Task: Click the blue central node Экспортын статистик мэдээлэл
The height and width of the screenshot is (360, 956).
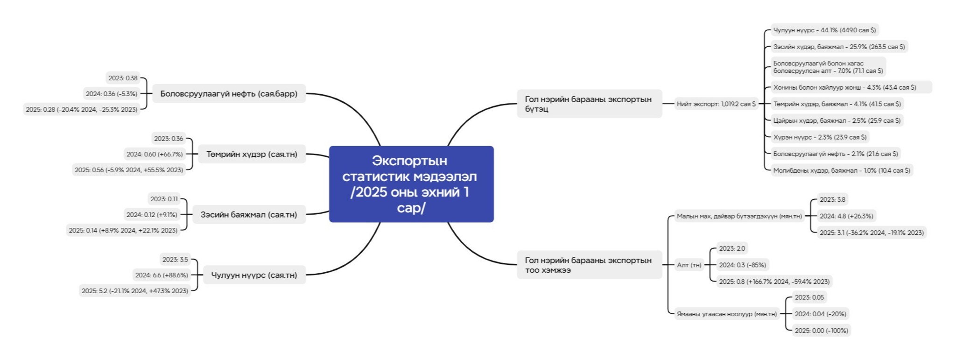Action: (x=411, y=184)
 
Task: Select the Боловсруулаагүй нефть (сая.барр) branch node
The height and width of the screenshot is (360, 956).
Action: (x=229, y=93)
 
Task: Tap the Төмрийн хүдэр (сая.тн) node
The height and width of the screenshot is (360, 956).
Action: (x=252, y=154)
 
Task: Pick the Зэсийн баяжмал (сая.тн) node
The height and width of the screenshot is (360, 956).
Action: (x=249, y=214)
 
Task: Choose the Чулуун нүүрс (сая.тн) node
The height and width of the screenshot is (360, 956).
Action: (x=254, y=275)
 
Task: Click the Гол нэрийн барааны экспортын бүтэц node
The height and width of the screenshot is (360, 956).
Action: (x=590, y=104)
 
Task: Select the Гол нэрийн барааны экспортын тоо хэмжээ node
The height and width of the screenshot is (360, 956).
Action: (x=590, y=265)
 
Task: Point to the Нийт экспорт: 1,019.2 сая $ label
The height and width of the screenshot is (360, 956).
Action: (x=716, y=104)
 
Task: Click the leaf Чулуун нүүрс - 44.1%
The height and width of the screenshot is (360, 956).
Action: (x=824, y=30)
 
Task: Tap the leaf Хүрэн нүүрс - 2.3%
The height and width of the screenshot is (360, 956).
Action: (x=820, y=137)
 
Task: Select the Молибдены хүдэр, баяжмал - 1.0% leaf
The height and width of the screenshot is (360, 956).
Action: (x=842, y=170)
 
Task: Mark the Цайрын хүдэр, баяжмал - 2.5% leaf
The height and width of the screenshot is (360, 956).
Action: (x=837, y=120)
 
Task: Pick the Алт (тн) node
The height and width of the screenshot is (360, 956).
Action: (x=689, y=265)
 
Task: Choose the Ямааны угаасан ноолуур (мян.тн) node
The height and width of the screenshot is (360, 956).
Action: (x=727, y=314)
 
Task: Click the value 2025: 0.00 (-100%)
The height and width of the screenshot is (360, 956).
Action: (x=822, y=330)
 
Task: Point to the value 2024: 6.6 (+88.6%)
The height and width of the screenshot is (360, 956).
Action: (x=162, y=275)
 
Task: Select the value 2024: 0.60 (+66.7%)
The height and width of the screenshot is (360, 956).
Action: (x=155, y=154)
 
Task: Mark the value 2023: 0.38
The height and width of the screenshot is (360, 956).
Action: (x=123, y=78)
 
